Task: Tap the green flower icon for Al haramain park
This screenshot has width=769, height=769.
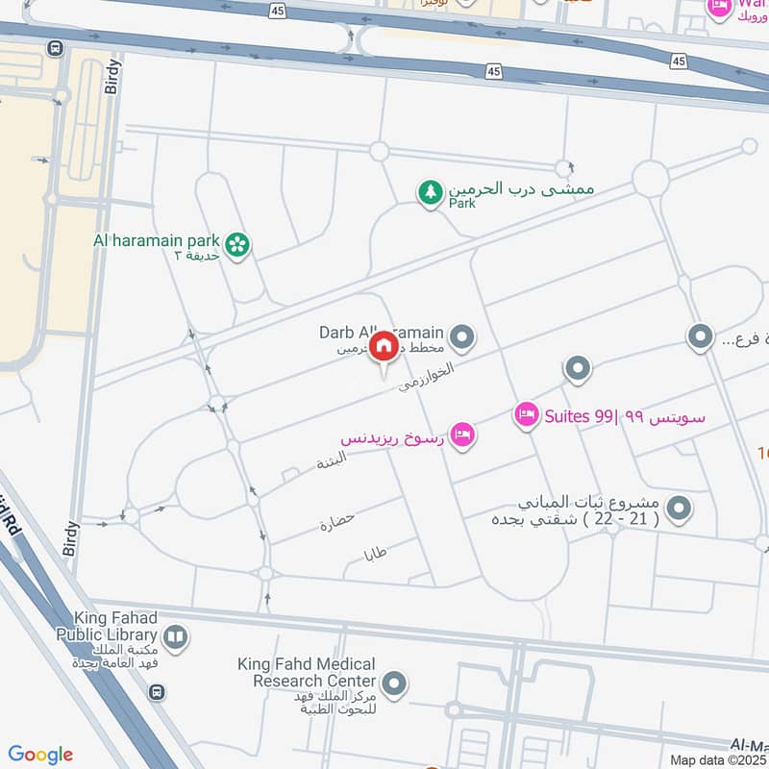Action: point(238,245)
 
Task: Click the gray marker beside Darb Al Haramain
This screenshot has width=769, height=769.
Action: point(463,336)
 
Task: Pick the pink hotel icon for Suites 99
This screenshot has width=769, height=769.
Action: point(526,415)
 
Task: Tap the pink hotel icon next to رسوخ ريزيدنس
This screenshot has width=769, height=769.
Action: point(463,436)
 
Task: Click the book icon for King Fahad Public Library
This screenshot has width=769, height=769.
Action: point(176,635)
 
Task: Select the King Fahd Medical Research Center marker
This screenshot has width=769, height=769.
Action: point(393,685)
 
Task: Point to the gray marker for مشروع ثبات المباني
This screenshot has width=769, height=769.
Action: point(679,509)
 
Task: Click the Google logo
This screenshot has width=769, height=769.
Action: point(40,755)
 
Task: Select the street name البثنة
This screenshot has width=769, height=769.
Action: point(332,459)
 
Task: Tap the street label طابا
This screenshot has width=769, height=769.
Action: point(376,555)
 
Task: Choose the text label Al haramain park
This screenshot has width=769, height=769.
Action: point(157,239)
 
